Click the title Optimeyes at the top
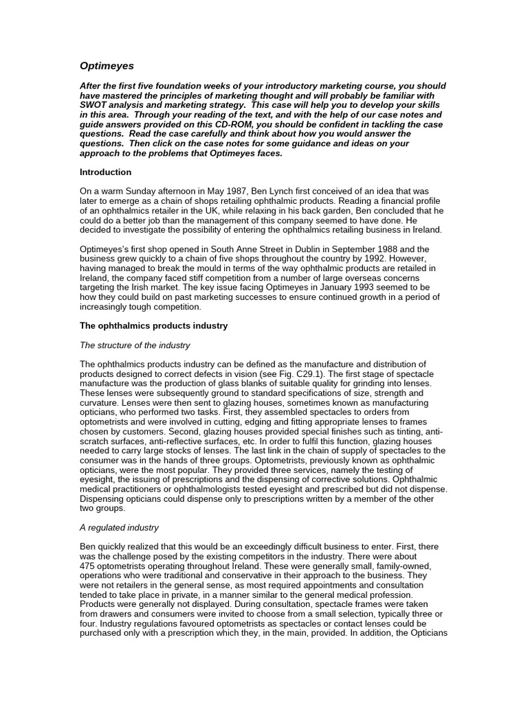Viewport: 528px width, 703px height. point(107,66)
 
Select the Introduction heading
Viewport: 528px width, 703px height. point(105,172)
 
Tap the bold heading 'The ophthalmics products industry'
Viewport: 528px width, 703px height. point(153,325)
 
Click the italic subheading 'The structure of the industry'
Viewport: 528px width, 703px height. point(135,345)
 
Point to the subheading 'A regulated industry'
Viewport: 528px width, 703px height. point(119,527)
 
